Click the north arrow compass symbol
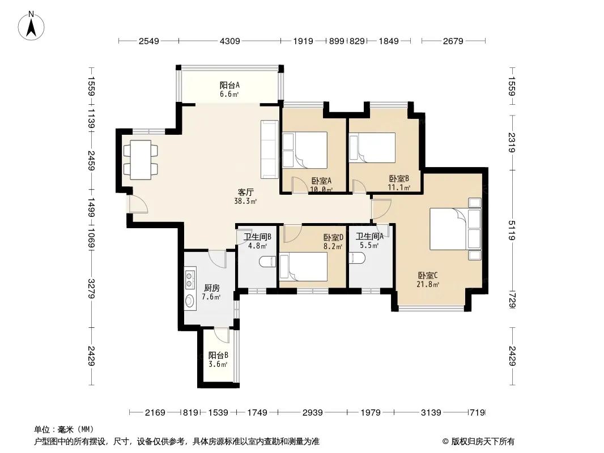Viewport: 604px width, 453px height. [x=31, y=25]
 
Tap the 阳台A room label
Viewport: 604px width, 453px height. [x=229, y=85]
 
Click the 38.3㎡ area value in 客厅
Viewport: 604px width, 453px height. [x=245, y=201]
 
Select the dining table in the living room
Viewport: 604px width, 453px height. [x=141, y=160]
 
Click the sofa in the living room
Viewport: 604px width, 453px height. [x=270, y=149]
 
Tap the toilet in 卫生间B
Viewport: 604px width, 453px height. [x=268, y=262]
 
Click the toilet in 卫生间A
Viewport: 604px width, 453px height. [x=357, y=258]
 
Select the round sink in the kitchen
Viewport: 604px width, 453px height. [x=190, y=301]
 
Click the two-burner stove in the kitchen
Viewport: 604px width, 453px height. [x=190, y=280]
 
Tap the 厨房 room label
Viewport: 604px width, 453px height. [x=211, y=288]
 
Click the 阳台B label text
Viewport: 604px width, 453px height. [x=218, y=355]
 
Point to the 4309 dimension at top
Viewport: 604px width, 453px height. [x=230, y=41]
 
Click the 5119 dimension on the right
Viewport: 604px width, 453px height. [x=512, y=230]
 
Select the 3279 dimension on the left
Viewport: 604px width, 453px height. [x=91, y=288]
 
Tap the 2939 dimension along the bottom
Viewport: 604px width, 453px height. [x=312, y=413]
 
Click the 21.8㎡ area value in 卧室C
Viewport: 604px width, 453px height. [x=428, y=285]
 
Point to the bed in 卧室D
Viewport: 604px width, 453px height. [x=304, y=266]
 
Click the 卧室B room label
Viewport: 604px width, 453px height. [x=399, y=178]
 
